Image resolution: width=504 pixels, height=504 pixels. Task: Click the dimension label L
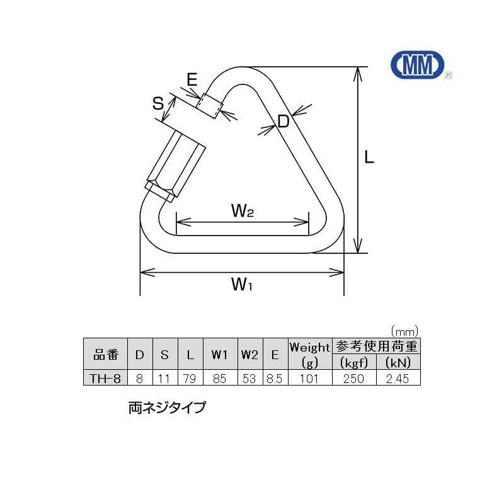369,157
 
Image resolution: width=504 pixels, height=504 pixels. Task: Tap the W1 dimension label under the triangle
241,285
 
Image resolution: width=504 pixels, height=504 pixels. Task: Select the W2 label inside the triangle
242,211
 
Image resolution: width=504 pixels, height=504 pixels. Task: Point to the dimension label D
283,122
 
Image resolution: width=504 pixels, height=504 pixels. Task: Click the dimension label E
192,79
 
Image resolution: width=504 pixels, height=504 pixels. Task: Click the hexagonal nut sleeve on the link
176,165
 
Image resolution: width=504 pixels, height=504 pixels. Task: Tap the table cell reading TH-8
106,377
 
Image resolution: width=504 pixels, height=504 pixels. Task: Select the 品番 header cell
106,355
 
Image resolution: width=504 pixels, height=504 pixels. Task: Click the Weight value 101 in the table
309,377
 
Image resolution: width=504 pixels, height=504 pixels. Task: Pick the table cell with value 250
354,377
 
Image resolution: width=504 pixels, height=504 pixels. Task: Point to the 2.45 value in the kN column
398,377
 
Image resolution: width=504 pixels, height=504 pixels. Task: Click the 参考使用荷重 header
376,346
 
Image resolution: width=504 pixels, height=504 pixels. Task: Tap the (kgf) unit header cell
354,362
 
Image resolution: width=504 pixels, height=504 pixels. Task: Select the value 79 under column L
190,377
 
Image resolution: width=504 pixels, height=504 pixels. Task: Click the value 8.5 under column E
275,377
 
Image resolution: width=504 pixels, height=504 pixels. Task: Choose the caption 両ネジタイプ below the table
167,408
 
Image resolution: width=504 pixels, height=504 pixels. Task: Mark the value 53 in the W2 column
249,377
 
